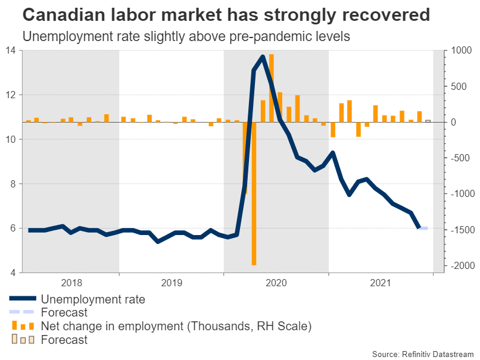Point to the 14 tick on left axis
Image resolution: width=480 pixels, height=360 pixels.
coord(11,50)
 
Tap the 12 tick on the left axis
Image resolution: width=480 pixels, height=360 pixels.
coord(11,95)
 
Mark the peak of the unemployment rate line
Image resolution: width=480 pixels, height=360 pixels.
coord(263,57)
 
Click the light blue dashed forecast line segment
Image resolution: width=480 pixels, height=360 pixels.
coord(423,228)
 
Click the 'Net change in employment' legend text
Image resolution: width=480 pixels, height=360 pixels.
coord(176,326)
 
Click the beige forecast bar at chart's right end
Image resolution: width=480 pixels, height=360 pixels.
coord(428,121)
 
